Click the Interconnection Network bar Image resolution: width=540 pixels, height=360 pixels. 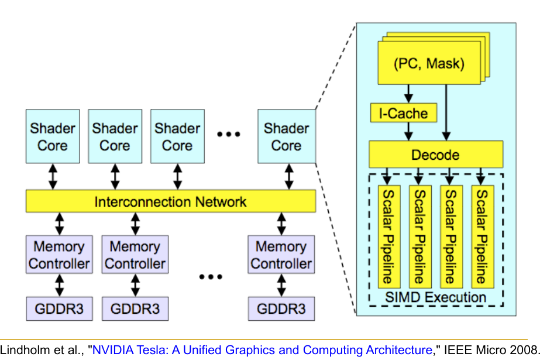[170, 202]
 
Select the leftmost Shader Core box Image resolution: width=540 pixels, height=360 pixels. [53, 136]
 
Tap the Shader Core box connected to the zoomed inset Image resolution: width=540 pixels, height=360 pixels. [286, 136]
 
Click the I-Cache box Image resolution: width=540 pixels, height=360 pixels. [404, 112]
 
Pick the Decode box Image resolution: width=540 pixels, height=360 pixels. [435, 155]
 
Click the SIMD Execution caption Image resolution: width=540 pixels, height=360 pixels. [435, 297]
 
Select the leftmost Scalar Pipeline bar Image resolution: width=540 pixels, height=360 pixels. [387, 236]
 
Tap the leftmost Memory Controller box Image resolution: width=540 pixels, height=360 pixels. [59, 255]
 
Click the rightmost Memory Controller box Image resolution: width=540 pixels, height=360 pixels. [281, 255]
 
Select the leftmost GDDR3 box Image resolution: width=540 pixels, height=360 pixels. [59, 308]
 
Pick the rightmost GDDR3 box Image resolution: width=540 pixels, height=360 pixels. [281, 308]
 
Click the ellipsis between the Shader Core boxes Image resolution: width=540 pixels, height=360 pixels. [229, 135]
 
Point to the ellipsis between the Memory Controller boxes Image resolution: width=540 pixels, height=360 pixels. [211, 275]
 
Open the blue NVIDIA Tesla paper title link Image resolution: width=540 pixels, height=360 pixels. [262, 350]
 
